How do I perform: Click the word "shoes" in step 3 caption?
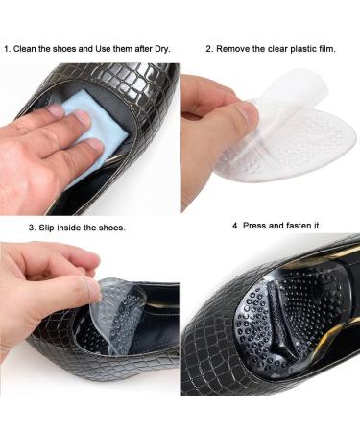[x=110, y=228]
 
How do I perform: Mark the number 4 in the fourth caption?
[x=235, y=226]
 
